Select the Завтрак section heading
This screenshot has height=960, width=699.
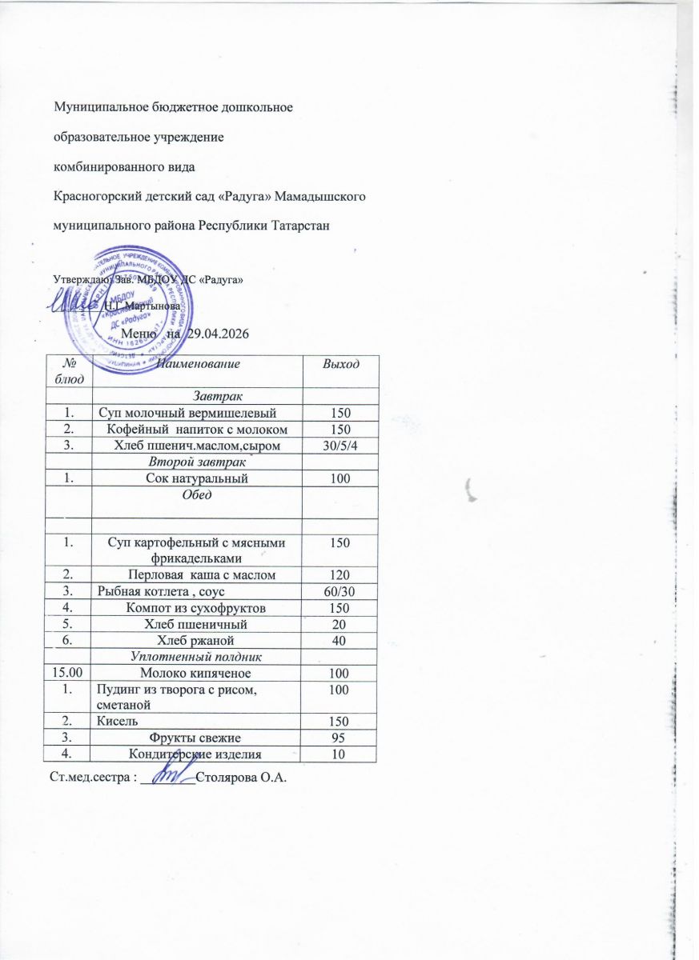click(197, 395)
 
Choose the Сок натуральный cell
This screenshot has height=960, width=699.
click(197, 478)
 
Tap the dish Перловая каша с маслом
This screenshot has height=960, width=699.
click(197, 574)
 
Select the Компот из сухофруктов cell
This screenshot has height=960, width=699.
click(197, 607)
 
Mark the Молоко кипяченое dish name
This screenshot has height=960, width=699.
click(197, 672)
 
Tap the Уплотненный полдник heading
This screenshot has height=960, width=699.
click(197, 656)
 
